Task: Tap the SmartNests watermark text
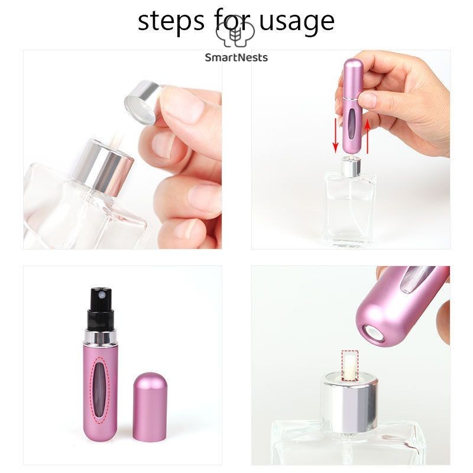point(237,57)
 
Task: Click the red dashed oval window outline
point(102,390)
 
